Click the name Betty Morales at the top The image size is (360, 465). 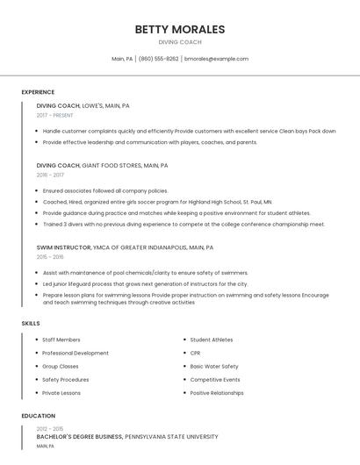pyautogui.click(x=180, y=29)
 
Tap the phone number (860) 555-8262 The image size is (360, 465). pyautogui.click(x=158, y=59)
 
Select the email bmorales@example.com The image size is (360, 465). pyautogui.click(x=216, y=59)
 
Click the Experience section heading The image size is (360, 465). pyautogui.click(x=38, y=92)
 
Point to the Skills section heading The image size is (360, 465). pyautogui.click(x=31, y=324)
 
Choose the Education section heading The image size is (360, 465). pyautogui.click(x=37, y=416)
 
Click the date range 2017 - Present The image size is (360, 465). pyautogui.click(x=56, y=115)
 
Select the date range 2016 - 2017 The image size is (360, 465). pyautogui.click(x=50, y=175)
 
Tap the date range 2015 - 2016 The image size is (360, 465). pyautogui.click(x=50, y=257)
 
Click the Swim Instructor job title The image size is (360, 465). pyautogui.click(x=63, y=247)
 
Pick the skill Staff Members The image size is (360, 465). pyautogui.click(x=61, y=340)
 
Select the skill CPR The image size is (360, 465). pyautogui.click(x=195, y=353)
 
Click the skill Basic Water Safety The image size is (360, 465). pyautogui.click(x=214, y=366)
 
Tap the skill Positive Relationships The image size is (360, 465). pyautogui.click(x=217, y=393)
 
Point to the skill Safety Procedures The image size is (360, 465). pyautogui.click(x=66, y=380)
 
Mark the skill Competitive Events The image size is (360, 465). pyautogui.click(x=215, y=380)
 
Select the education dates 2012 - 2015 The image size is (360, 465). pyautogui.click(x=50, y=428)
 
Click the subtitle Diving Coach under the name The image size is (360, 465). pyautogui.click(x=180, y=42)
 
